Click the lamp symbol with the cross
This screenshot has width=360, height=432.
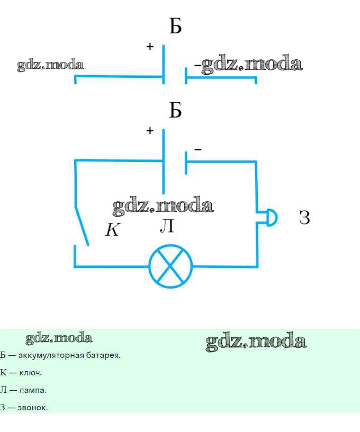(170, 266)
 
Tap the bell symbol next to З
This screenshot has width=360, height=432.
(272, 218)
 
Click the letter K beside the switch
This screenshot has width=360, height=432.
(113, 229)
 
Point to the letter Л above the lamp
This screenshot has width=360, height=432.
(167, 226)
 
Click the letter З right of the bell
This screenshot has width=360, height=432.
(304, 218)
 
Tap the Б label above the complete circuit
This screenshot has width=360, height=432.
(175, 110)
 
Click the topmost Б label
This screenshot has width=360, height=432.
(175, 26)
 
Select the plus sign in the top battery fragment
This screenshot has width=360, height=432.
(150, 46)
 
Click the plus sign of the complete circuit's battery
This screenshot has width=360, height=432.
(150, 130)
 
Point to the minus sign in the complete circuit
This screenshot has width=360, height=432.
(198, 149)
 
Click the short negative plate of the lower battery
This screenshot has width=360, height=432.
(186, 163)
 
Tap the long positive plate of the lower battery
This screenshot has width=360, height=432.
(164, 161)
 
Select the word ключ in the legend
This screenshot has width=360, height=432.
(30, 373)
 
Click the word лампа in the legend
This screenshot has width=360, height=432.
(33, 390)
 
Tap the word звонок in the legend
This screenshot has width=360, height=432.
(32, 408)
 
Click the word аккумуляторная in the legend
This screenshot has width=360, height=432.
(51, 355)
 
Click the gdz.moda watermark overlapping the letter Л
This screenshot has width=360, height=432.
(163, 205)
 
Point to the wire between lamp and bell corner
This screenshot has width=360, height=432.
(226, 266)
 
